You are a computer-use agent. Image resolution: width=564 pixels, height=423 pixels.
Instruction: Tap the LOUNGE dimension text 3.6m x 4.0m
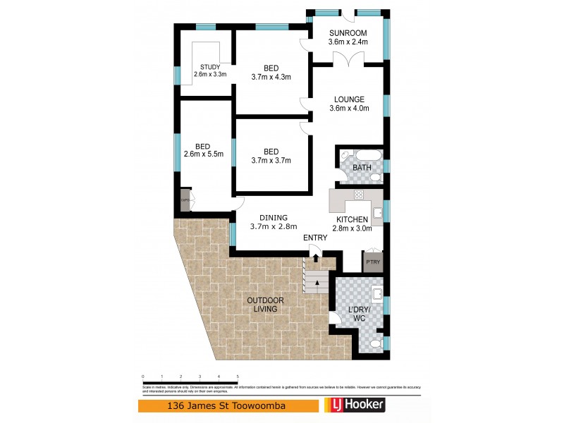[349, 109]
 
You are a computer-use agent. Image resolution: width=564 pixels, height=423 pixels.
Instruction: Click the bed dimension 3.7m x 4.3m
[271, 78]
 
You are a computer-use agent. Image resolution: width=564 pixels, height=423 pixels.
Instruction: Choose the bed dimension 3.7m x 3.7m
[271, 161]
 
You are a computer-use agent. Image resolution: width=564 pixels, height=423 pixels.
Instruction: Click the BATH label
[362, 168]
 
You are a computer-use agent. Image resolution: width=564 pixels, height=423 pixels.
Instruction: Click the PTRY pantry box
[372, 262]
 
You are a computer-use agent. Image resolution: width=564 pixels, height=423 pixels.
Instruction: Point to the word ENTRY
[315, 238]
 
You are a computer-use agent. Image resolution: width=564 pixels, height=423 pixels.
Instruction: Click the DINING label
[271, 218]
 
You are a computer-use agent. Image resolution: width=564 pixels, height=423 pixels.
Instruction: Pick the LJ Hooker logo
[355, 406]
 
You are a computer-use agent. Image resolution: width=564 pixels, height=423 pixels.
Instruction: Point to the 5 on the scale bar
[238, 376]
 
